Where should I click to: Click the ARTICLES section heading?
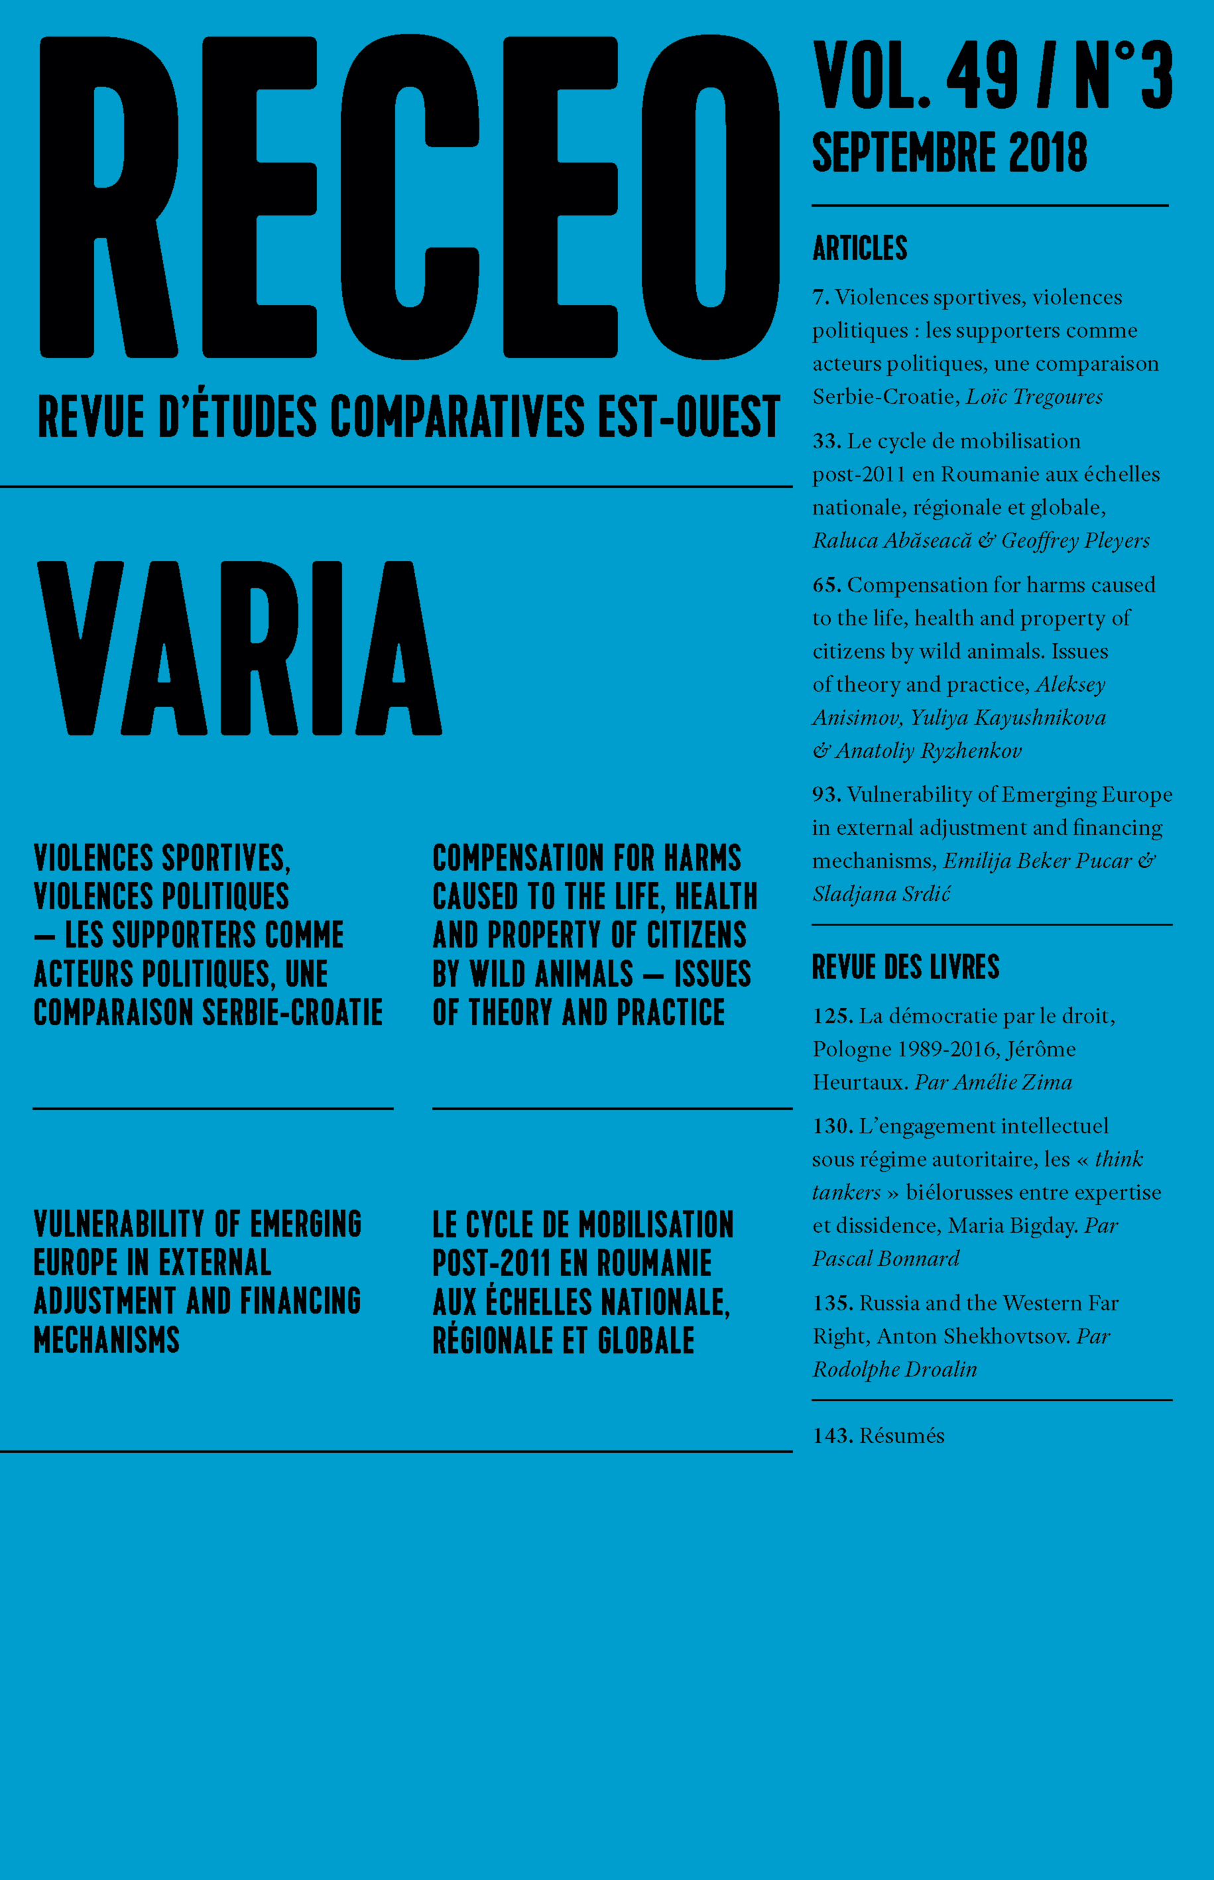(859, 247)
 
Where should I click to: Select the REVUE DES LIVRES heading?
(905, 966)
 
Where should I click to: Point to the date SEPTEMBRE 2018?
(949, 153)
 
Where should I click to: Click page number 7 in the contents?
(820, 298)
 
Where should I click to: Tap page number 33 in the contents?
(826, 442)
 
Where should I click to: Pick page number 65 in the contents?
(826, 585)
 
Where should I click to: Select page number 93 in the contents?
(826, 794)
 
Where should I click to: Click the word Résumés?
(901, 1436)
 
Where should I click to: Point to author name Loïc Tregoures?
(1034, 397)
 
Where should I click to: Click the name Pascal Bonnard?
(886, 1259)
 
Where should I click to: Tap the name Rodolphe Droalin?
(894, 1369)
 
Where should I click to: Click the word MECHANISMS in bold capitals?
(107, 1340)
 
